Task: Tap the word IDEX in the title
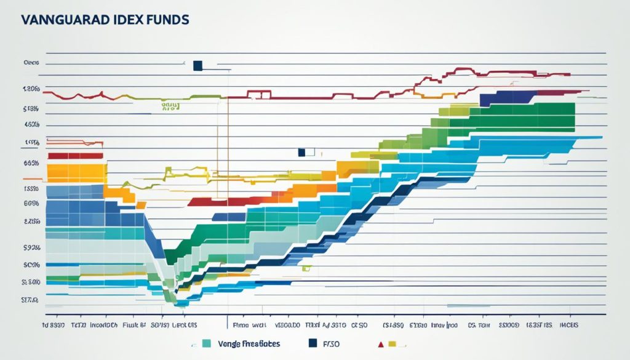point(121,20)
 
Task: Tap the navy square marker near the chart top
point(197,66)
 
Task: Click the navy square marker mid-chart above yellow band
point(301,152)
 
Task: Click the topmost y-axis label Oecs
point(31,63)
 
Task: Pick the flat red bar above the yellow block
point(75,156)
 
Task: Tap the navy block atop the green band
point(508,97)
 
